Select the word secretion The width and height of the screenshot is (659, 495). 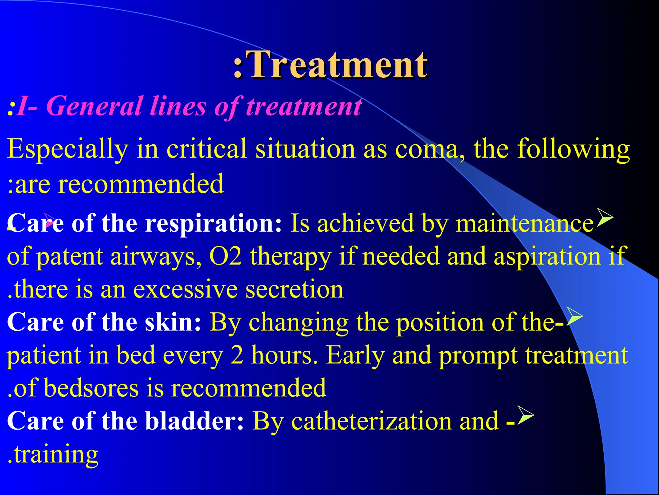point(294,289)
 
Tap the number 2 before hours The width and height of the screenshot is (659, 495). point(237,355)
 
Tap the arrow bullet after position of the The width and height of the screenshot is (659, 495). point(574,316)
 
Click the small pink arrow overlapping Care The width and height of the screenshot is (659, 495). point(50,220)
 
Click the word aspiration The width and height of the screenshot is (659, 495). point(547,257)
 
